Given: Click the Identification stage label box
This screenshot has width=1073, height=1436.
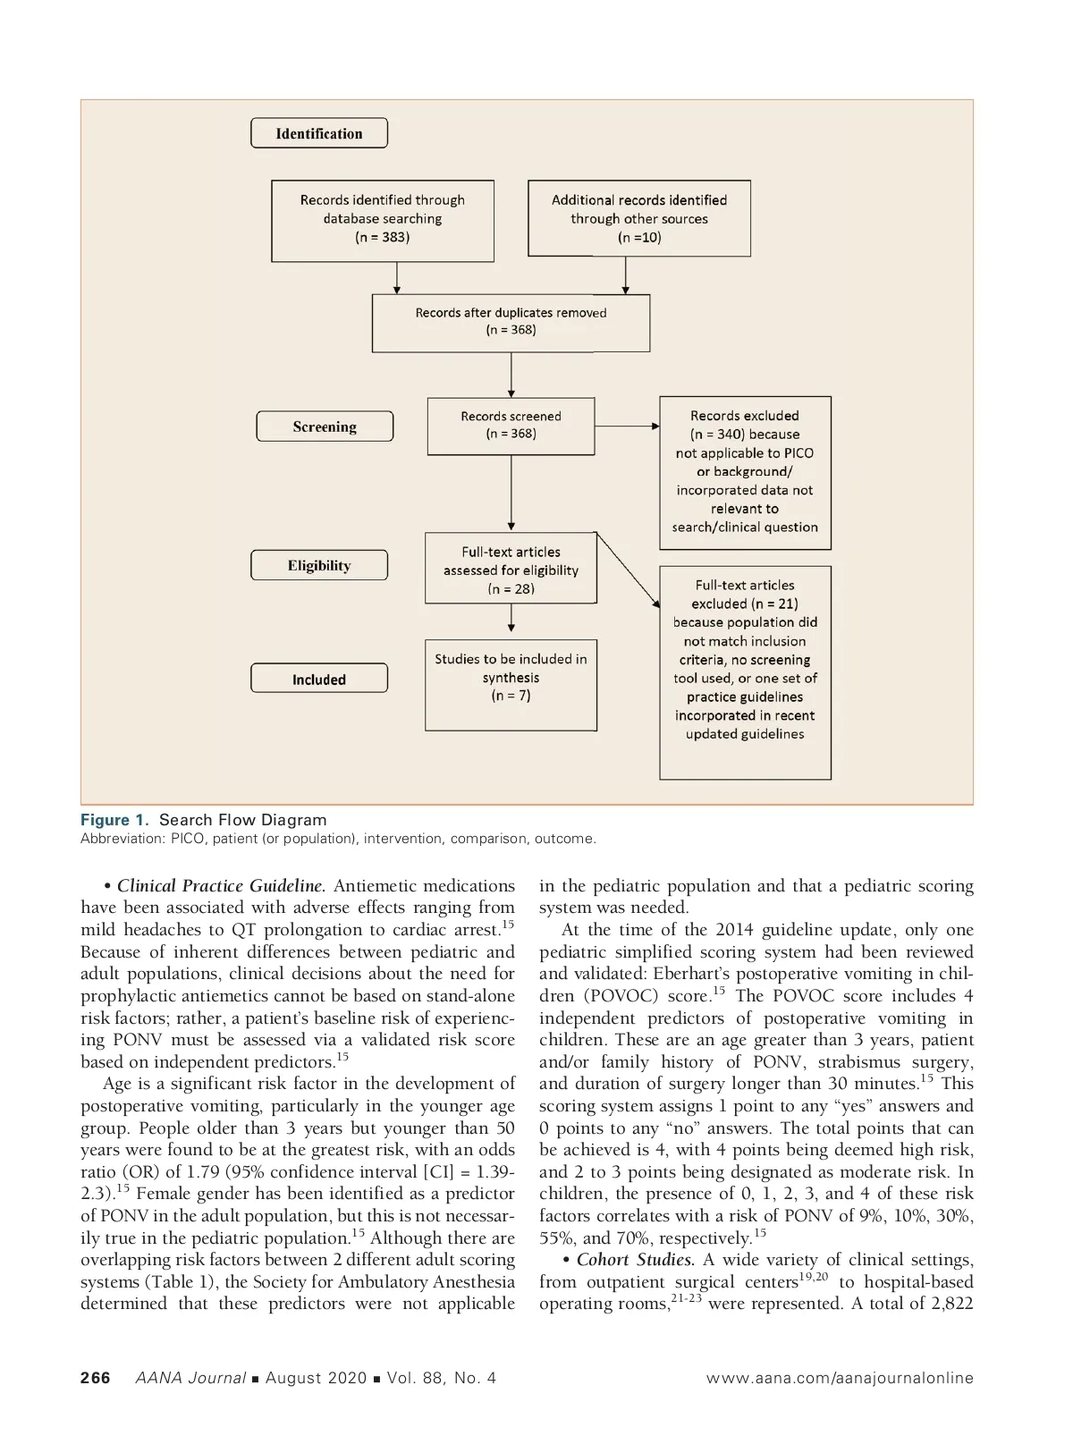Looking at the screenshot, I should [319, 133].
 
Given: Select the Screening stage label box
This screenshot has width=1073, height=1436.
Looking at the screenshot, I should [325, 427].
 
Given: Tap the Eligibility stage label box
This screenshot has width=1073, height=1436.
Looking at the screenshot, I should [319, 565].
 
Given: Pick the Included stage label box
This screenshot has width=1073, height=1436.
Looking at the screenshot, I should [319, 679].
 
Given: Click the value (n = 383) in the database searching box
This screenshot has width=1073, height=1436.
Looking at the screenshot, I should [382, 237].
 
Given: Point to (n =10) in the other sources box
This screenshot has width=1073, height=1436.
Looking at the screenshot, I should [639, 238].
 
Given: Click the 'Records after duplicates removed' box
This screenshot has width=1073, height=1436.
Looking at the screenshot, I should [511, 322].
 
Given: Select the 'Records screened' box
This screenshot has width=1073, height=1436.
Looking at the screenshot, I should [511, 426].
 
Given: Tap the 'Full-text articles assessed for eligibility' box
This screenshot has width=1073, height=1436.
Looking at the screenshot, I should [511, 569].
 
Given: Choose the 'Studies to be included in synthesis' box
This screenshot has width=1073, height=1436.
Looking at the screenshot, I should [511, 684].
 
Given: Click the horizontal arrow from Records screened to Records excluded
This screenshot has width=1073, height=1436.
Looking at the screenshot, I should [627, 427].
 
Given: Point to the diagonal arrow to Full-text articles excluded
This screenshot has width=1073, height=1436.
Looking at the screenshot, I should [628, 570].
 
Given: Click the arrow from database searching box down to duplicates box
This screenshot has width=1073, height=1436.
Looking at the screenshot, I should [397, 277].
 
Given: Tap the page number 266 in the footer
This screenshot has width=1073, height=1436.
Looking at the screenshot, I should [96, 1378].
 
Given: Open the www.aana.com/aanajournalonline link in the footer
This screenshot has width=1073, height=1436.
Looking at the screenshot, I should [840, 1378].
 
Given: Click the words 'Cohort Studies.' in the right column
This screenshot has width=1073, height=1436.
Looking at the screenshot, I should [635, 1260].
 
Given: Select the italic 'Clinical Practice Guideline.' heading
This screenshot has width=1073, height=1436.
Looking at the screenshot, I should [221, 886].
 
